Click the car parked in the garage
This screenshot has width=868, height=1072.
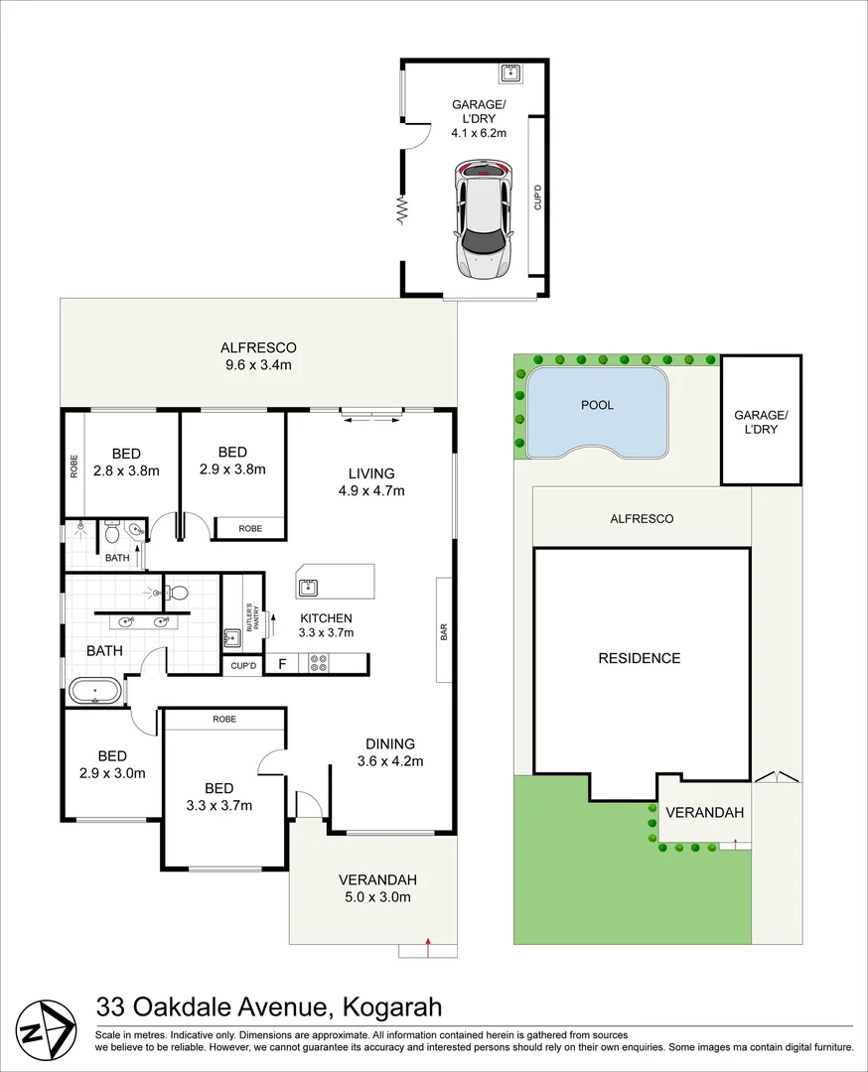[484, 220]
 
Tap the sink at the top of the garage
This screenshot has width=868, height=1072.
[510, 72]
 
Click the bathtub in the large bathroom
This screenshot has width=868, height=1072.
[95, 691]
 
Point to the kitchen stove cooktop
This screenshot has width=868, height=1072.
[318, 663]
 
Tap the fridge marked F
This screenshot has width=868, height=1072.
[282, 663]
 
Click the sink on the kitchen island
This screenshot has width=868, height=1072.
[307, 588]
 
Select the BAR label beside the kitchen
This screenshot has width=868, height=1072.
[444, 631]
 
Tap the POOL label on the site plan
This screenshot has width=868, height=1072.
[597, 405]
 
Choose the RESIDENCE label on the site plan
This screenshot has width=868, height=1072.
[640, 658]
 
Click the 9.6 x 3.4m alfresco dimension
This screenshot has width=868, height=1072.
[258, 365]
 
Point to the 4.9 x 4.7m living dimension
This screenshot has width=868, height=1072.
[371, 490]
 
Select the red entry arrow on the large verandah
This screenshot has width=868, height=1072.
[428, 948]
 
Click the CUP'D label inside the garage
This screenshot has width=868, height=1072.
[537, 197]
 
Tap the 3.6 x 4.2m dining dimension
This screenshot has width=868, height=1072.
[390, 761]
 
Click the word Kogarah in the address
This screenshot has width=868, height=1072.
[392, 1007]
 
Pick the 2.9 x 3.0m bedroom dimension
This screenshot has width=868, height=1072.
[112, 773]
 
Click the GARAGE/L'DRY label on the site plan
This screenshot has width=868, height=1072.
[762, 422]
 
